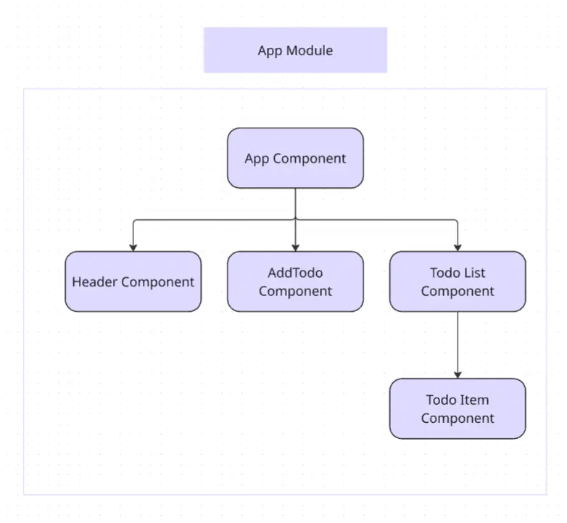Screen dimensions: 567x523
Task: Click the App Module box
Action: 295,50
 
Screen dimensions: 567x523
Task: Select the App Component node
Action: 295,158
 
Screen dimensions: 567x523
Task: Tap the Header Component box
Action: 133,281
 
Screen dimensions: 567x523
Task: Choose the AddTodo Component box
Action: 295,281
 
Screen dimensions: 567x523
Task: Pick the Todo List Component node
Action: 458,281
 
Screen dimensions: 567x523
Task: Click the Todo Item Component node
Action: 458,408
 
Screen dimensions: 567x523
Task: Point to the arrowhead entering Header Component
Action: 133,248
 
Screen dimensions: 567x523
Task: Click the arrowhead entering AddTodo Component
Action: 295,248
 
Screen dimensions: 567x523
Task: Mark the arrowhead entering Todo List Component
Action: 458,248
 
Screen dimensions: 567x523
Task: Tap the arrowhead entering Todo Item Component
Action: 458,375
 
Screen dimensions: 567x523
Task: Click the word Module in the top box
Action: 310,50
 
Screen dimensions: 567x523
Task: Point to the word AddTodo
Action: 295,273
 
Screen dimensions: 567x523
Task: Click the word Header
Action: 95,281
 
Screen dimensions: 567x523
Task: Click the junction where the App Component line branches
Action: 295,220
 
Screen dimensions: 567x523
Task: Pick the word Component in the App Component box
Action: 309,159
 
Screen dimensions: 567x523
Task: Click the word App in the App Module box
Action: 270,51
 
